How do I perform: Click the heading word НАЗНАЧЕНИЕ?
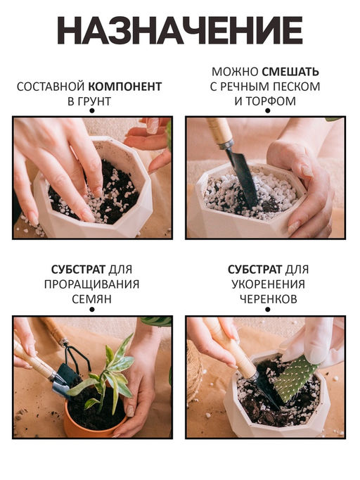[179, 30]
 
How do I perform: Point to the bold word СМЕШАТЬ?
[290, 72]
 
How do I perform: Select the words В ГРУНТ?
[89, 101]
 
